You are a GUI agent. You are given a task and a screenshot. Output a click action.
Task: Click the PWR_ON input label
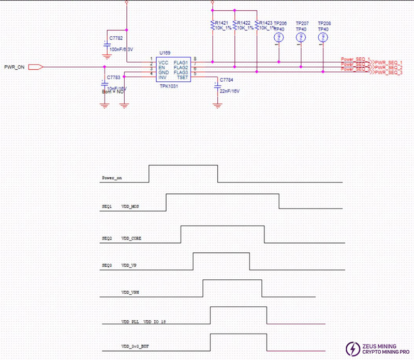[14, 67]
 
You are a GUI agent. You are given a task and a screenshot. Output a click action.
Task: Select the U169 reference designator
[165, 53]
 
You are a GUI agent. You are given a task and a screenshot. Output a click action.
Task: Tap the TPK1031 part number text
[170, 86]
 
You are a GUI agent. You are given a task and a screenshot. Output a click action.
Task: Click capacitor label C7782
[115, 39]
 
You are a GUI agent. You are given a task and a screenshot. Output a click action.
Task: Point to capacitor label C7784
[227, 80]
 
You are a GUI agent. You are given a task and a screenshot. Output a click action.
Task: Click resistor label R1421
[221, 23]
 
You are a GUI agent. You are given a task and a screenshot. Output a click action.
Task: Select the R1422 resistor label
[243, 23]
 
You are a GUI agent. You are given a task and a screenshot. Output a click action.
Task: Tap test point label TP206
[279, 23]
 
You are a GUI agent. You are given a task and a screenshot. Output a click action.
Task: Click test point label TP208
[324, 23]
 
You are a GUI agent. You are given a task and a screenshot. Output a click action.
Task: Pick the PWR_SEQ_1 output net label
[388, 63]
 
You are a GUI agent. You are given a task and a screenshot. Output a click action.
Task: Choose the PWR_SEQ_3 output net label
[388, 73]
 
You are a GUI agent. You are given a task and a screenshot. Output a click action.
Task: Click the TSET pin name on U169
[183, 78]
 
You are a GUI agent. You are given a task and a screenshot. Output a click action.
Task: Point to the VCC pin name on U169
[164, 62]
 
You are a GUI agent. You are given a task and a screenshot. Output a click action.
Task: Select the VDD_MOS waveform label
[130, 206]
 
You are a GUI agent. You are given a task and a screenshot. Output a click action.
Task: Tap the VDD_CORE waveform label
[131, 238]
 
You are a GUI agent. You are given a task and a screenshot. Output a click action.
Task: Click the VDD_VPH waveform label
[130, 292]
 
